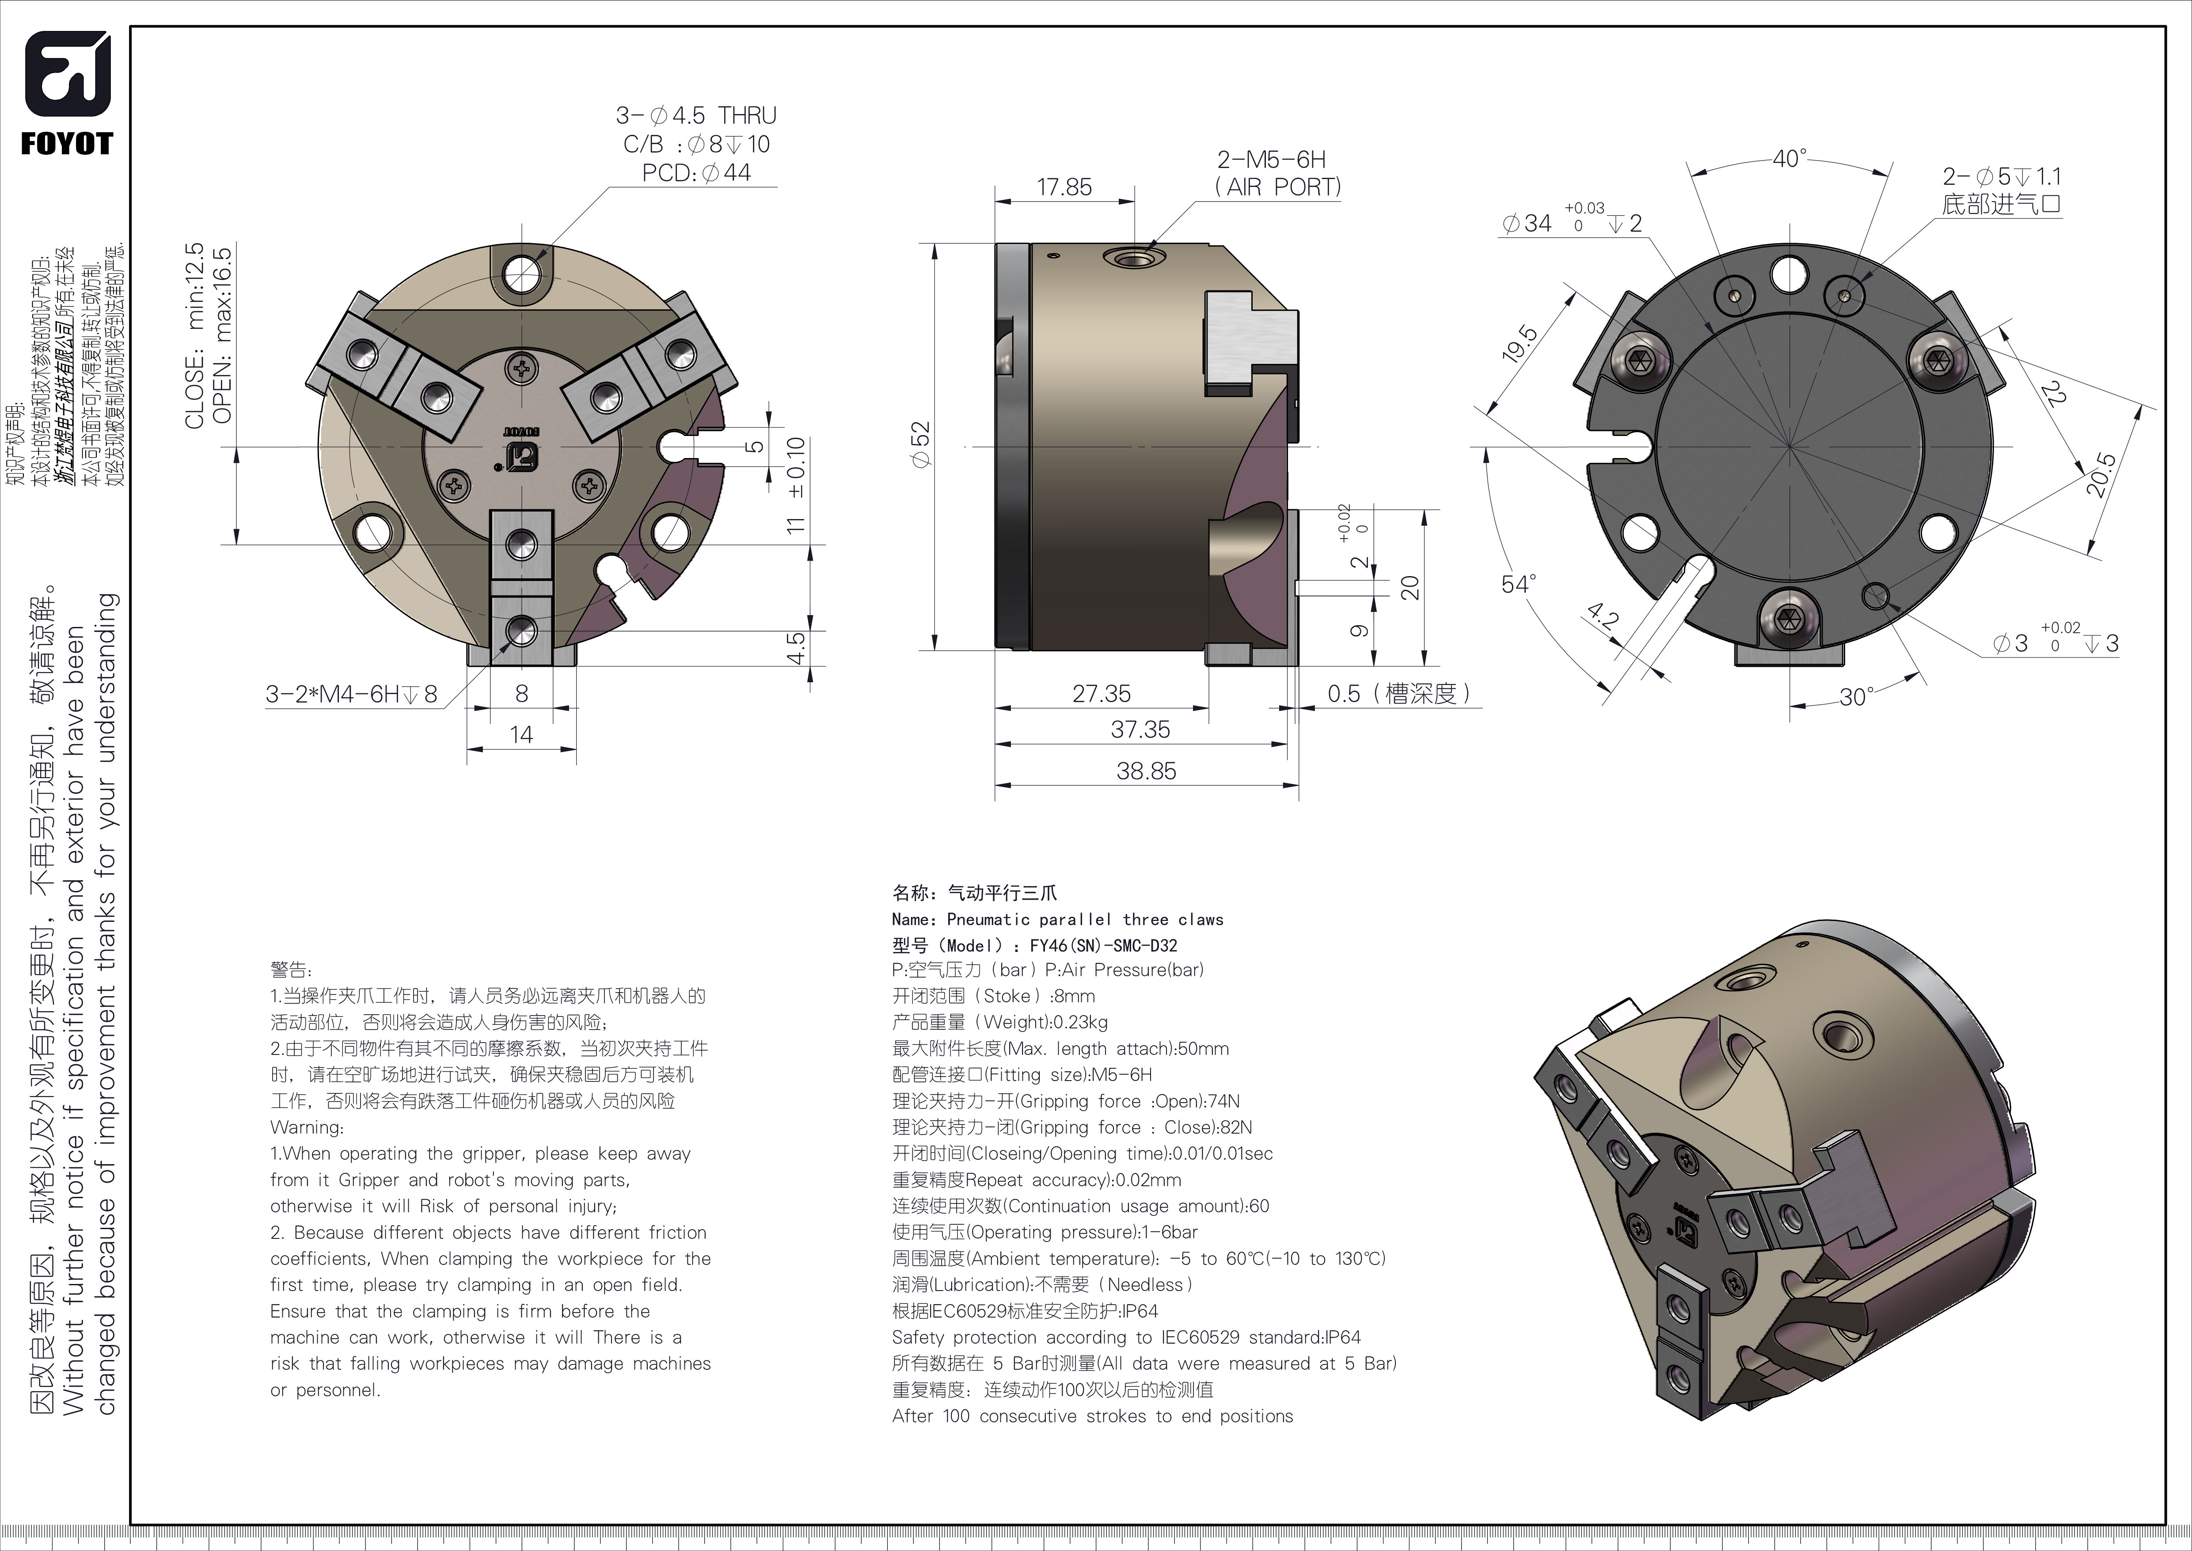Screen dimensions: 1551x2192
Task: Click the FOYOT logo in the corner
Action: [x=67, y=93]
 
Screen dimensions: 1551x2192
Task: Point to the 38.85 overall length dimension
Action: [x=1146, y=771]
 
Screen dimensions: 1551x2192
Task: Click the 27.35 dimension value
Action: [x=1101, y=693]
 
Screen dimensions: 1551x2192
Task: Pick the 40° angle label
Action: [x=1788, y=159]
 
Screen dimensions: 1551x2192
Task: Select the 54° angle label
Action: [x=1518, y=584]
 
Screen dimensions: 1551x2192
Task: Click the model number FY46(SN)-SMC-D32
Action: [x=1103, y=945]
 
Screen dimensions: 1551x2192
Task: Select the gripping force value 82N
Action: [x=1235, y=1127]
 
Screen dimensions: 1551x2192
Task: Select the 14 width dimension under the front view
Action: [x=521, y=734]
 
